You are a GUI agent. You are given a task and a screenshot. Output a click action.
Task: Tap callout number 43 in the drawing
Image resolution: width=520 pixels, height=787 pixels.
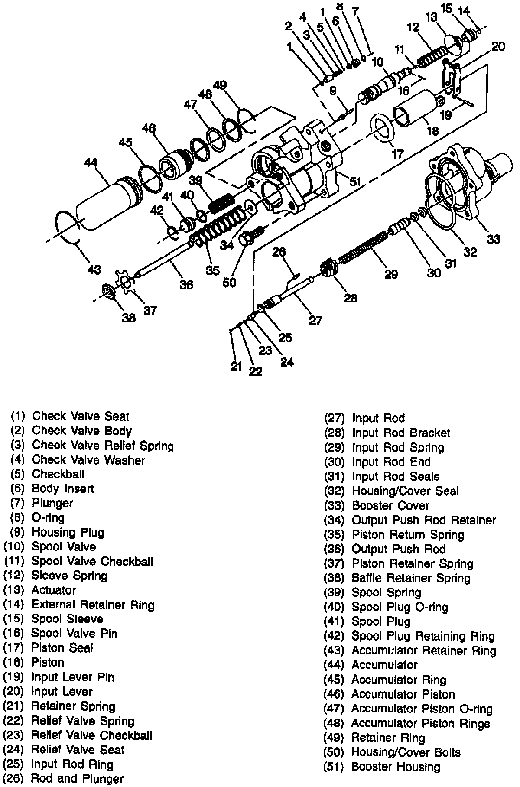(x=94, y=269)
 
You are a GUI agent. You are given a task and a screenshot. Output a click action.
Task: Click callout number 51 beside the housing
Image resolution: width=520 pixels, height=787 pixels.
(x=355, y=182)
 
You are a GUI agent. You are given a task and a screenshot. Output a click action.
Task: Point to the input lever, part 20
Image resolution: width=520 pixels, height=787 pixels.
(x=451, y=78)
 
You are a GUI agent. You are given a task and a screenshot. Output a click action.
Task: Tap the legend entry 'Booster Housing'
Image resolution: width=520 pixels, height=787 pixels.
(x=396, y=767)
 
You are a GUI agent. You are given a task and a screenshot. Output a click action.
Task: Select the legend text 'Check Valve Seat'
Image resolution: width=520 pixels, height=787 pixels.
(x=81, y=416)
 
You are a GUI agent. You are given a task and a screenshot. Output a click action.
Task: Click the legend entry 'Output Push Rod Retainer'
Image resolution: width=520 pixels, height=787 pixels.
(x=423, y=520)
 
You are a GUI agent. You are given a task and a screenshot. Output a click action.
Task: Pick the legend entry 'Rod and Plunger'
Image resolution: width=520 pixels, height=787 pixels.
(x=77, y=779)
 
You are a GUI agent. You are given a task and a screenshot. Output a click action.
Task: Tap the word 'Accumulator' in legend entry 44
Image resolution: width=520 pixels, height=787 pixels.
(x=384, y=665)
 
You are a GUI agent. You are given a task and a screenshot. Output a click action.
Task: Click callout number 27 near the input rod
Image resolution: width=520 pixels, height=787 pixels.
(x=315, y=320)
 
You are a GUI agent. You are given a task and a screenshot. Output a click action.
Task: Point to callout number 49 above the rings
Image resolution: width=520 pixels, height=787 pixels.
(x=220, y=85)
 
